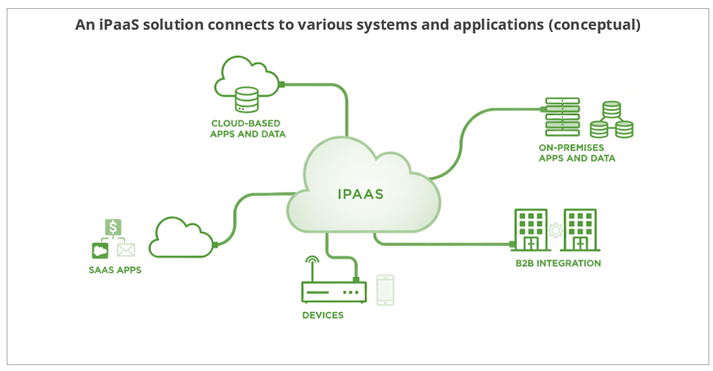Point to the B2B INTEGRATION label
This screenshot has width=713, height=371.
click(558, 263)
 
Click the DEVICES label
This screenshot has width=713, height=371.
click(323, 315)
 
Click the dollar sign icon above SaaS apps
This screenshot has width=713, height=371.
click(113, 227)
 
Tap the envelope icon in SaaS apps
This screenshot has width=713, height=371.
click(126, 250)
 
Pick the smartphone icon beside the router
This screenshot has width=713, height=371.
click(385, 290)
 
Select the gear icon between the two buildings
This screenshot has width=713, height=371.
click(555, 230)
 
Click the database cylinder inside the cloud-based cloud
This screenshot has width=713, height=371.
click(246, 97)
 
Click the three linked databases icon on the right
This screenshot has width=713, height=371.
click(611, 120)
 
